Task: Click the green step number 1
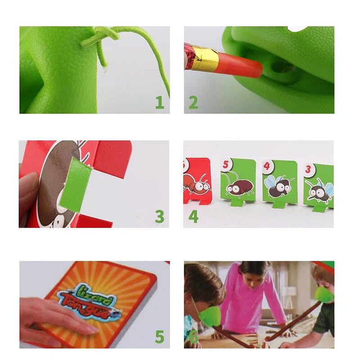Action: tap(160, 102)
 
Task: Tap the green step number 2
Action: tap(193, 102)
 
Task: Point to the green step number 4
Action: tap(193, 216)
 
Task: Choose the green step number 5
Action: tap(160, 336)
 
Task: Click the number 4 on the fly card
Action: tap(267, 166)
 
